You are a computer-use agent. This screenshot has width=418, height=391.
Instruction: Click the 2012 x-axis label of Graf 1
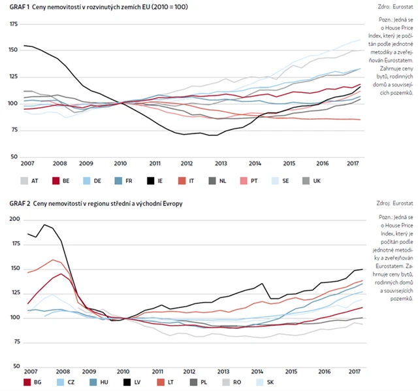pos(187,163)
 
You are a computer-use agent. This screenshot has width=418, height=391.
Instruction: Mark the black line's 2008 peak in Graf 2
pos(44,225)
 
